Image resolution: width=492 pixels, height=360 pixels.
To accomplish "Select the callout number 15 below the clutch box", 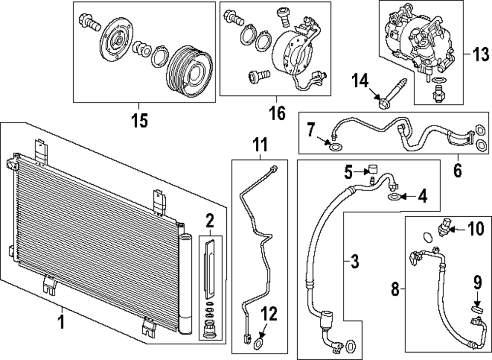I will point(140,121).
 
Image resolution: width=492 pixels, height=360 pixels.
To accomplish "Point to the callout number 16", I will point(277,114).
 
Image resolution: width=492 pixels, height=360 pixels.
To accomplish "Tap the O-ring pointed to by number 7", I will point(335,147).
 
